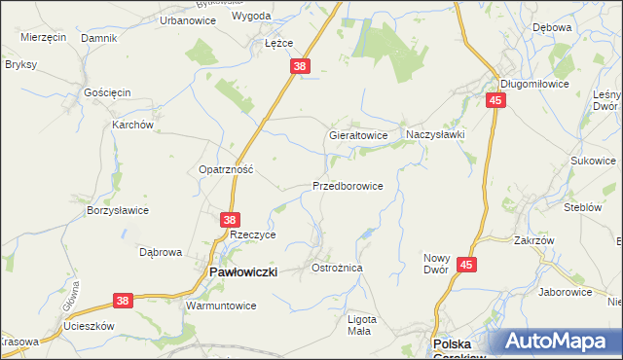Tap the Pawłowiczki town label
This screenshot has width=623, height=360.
[243, 273]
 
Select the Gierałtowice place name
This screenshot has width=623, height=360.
[359, 135]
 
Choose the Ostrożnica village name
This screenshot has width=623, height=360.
[337, 267]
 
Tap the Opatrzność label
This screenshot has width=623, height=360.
[226, 168]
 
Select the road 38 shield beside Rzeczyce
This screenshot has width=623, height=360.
[231, 221]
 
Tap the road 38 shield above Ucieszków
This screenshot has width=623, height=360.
[123, 303]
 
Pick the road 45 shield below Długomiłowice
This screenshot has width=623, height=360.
[496, 100]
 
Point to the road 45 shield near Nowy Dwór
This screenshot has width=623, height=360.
[468, 264]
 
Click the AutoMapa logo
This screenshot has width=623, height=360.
[559, 342]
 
